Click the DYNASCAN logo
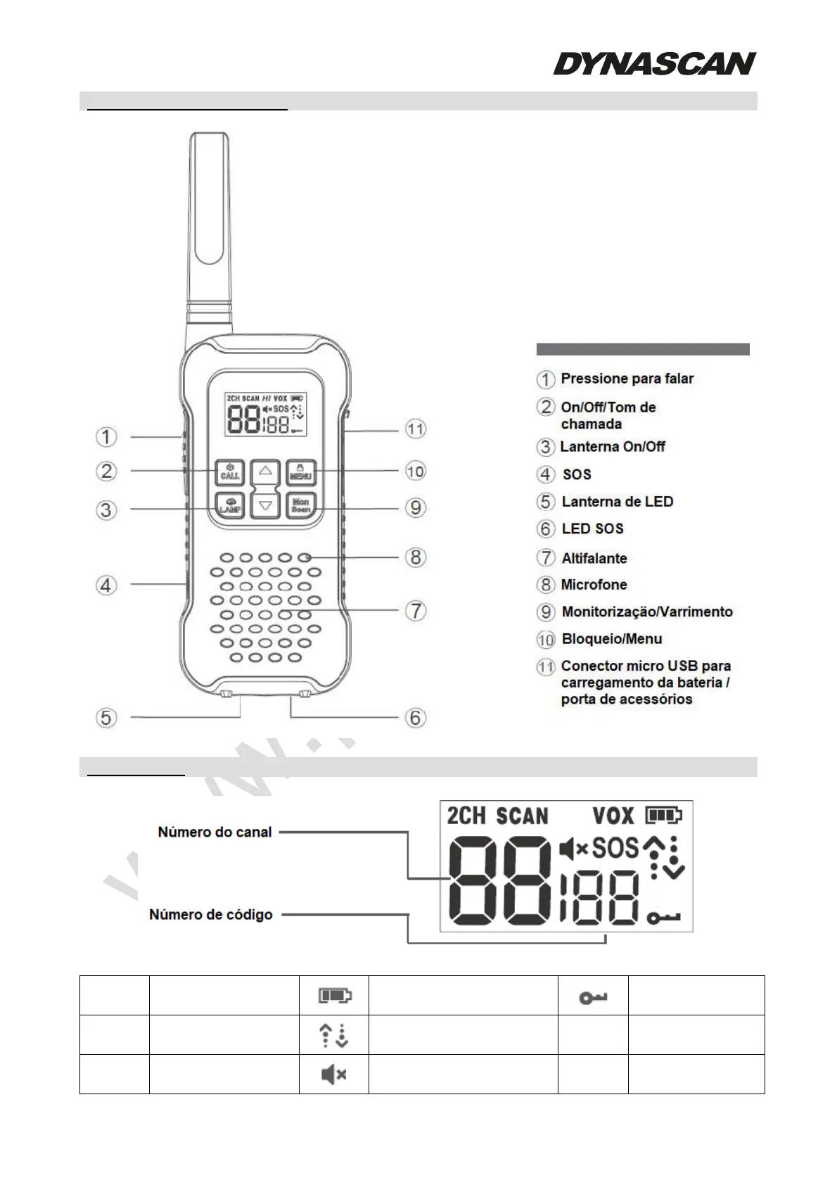click(654, 63)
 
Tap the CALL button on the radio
click(229, 471)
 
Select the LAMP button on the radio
click(229, 506)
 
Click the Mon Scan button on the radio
click(301, 505)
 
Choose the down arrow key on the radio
click(265, 505)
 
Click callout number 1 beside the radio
click(106, 437)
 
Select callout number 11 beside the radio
click(416, 429)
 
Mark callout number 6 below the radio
click(416, 718)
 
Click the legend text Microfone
click(594, 585)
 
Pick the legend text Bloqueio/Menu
click(611, 639)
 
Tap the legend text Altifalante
click(594, 558)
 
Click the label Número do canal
click(215, 832)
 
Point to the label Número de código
click(210, 915)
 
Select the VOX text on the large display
click(613, 816)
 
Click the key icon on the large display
click(664, 918)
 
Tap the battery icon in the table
click(334, 995)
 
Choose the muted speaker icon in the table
click(333, 1075)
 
